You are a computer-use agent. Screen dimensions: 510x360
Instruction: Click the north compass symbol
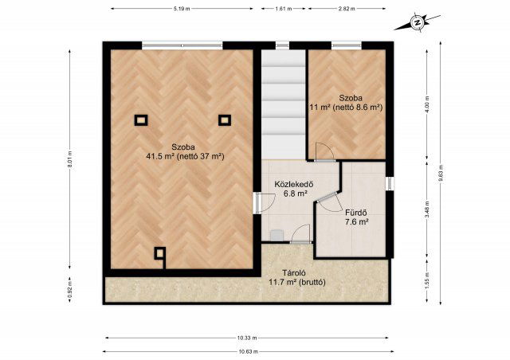point(417,22)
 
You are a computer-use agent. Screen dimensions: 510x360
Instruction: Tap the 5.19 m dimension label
point(182,9)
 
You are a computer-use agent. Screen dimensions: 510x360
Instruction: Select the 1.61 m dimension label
point(284,9)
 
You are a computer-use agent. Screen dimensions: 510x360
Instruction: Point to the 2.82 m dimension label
point(347,9)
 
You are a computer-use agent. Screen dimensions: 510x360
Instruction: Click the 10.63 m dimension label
point(248,351)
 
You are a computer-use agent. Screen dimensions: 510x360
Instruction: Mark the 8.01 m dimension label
point(69,160)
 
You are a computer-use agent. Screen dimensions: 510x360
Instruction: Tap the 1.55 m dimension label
point(427,280)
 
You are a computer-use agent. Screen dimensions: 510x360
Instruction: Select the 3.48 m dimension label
point(427,209)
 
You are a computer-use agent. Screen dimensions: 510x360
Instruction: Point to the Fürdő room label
point(356,213)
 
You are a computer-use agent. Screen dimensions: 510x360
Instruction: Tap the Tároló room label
point(294,273)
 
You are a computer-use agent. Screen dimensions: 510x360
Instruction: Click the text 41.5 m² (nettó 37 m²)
point(185,156)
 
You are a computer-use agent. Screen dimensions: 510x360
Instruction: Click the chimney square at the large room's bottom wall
point(159,253)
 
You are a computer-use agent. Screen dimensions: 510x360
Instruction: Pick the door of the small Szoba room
point(324,151)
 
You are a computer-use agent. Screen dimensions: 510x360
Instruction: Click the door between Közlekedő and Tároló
point(300,233)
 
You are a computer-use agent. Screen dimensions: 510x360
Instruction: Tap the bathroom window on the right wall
point(390,183)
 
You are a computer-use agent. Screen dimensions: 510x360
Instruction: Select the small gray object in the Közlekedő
point(277,235)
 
